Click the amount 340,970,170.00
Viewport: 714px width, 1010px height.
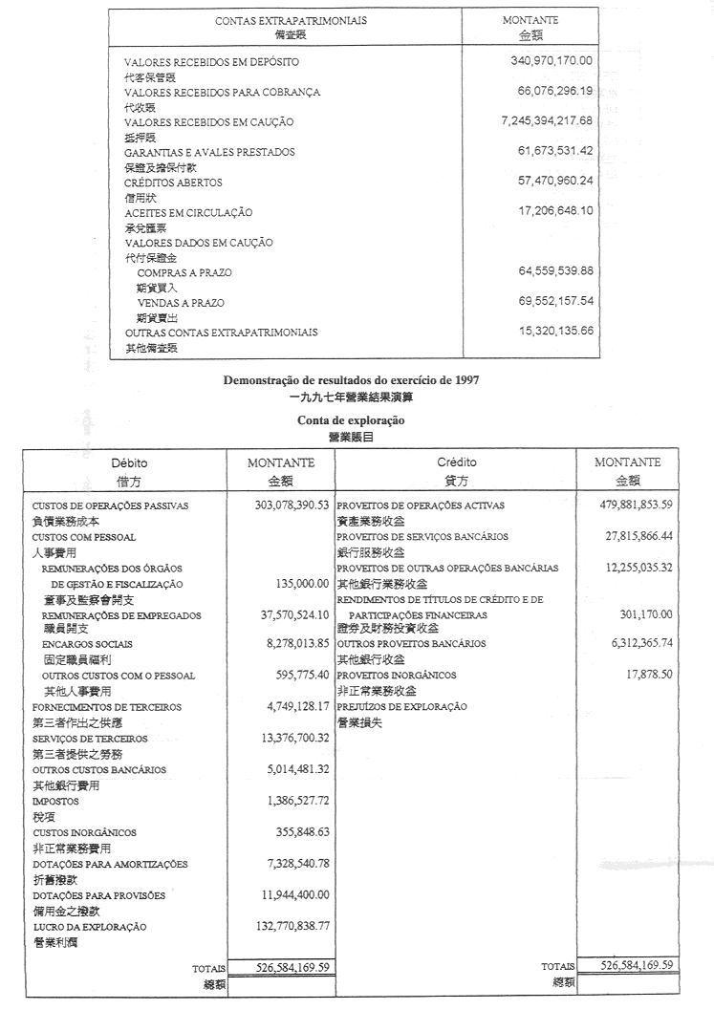tap(552, 60)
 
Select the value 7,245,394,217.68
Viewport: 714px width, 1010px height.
tap(547, 120)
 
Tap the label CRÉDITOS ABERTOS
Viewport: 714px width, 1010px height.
tap(173, 182)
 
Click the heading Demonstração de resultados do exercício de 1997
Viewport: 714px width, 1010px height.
tap(351, 379)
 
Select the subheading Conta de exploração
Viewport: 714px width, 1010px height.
tap(351, 419)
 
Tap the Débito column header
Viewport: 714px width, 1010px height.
tap(130, 462)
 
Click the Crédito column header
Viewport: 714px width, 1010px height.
tap(457, 462)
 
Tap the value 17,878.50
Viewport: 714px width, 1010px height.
tap(649, 675)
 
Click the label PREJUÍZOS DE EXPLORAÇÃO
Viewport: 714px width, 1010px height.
tap(401, 707)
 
